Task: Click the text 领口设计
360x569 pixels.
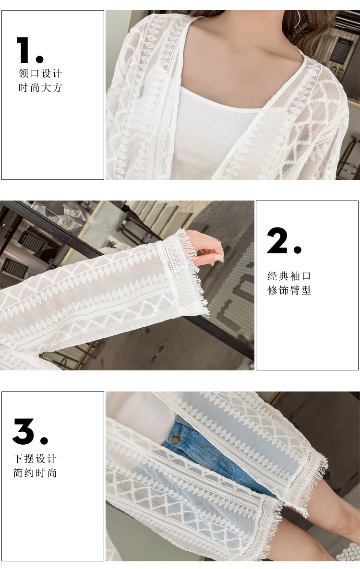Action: pos(40,73)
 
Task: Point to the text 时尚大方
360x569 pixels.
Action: pos(40,87)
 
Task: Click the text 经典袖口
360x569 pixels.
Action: pos(289,276)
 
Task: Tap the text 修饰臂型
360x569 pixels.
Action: pos(289,290)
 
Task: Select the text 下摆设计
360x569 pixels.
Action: pos(35,458)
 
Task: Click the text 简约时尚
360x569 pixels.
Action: pos(35,473)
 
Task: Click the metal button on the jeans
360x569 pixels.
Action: pos(176,440)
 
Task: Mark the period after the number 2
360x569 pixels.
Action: pos(298,249)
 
